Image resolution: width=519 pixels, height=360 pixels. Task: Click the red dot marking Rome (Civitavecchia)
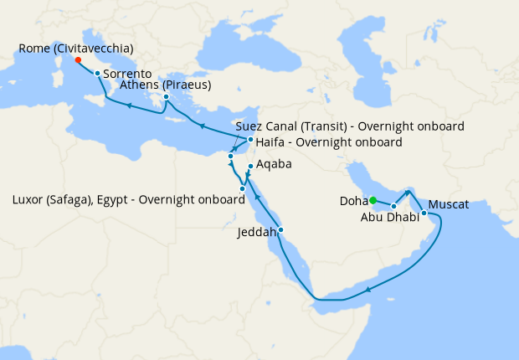(77, 60)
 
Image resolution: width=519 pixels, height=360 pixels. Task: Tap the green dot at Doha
(373, 199)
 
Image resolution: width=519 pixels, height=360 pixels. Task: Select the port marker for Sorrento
(98, 74)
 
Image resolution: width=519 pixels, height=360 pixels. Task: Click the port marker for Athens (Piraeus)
(167, 97)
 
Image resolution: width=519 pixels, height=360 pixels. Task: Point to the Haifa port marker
(250, 140)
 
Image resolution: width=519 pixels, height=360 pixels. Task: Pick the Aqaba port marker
(250, 167)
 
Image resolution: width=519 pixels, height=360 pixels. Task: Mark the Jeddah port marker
(280, 229)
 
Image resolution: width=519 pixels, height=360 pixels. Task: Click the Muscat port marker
(424, 213)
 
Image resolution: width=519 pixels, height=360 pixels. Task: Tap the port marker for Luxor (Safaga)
(242, 188)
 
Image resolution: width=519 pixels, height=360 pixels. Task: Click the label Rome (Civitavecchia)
(75, 48)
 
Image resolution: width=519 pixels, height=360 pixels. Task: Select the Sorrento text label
(127, 74)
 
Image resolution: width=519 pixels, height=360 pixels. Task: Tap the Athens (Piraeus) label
(166, 85)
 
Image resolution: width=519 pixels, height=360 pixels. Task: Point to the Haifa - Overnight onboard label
(328, 142)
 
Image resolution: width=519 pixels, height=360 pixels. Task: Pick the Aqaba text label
(275, 165)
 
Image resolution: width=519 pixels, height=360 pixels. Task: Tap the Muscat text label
(448, 204)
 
